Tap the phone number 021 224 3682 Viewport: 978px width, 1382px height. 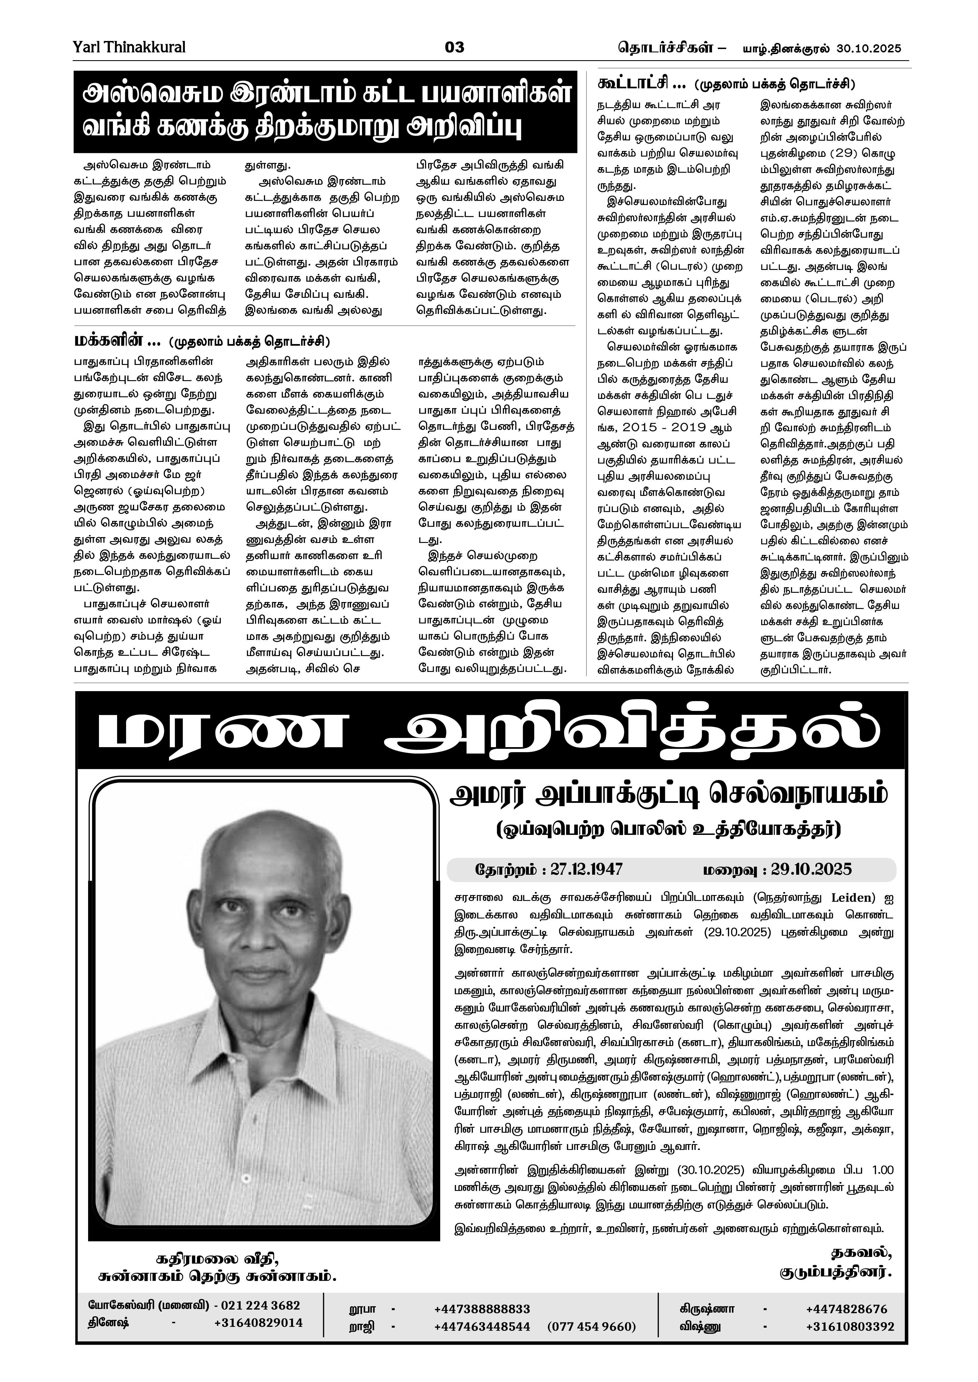tap(260, 1306)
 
